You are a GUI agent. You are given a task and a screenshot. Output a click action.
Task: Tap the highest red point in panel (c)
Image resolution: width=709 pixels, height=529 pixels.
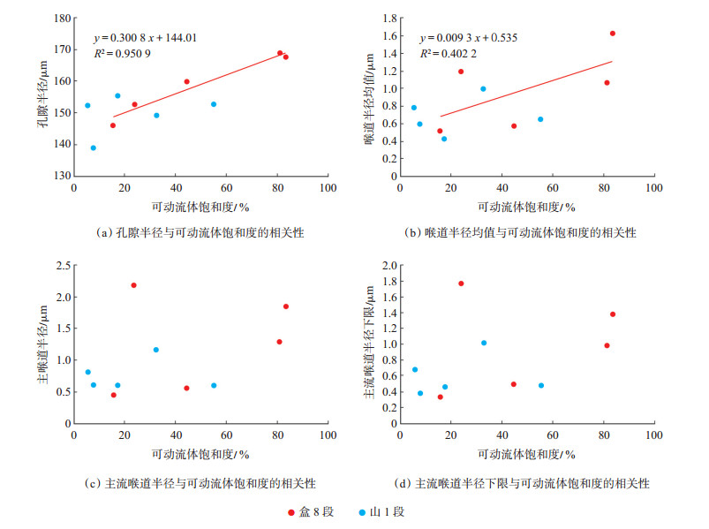click(133, 285)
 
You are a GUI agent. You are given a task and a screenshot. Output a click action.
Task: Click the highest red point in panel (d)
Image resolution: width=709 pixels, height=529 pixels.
click(461, 283)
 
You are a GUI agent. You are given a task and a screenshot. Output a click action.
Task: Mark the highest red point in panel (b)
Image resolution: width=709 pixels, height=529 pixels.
click(612, 34)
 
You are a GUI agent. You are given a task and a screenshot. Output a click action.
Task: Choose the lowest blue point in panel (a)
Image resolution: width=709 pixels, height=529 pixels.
click(94, 148)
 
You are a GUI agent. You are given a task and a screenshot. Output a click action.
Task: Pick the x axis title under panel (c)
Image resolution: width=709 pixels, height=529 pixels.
click(200, 454)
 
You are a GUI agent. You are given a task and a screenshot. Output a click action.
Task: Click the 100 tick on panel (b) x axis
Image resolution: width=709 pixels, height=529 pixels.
click(654, 189)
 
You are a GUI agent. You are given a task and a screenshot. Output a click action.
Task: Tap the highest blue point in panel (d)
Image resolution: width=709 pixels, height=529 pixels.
click(484, 343)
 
